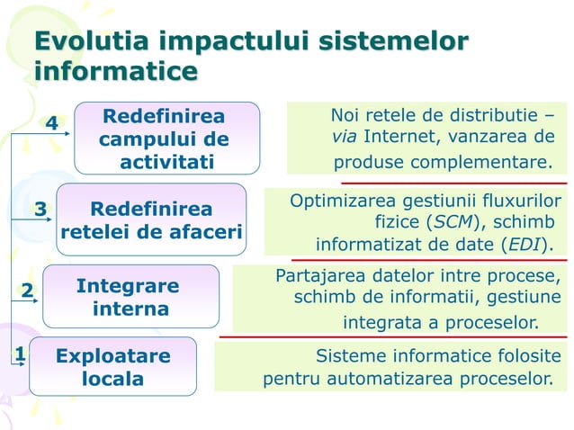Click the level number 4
click(x=52, y=123)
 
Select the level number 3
click(x=40, y=210)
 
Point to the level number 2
click(x=27, y=290)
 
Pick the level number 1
click(x=18, y=354)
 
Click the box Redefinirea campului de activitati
click(x=166, y=139)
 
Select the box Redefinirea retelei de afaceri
click(x=151, y=221)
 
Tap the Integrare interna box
click(x=131, y=297)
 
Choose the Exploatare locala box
click(x=112, y=367)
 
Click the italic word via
click(x=343, y=139)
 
